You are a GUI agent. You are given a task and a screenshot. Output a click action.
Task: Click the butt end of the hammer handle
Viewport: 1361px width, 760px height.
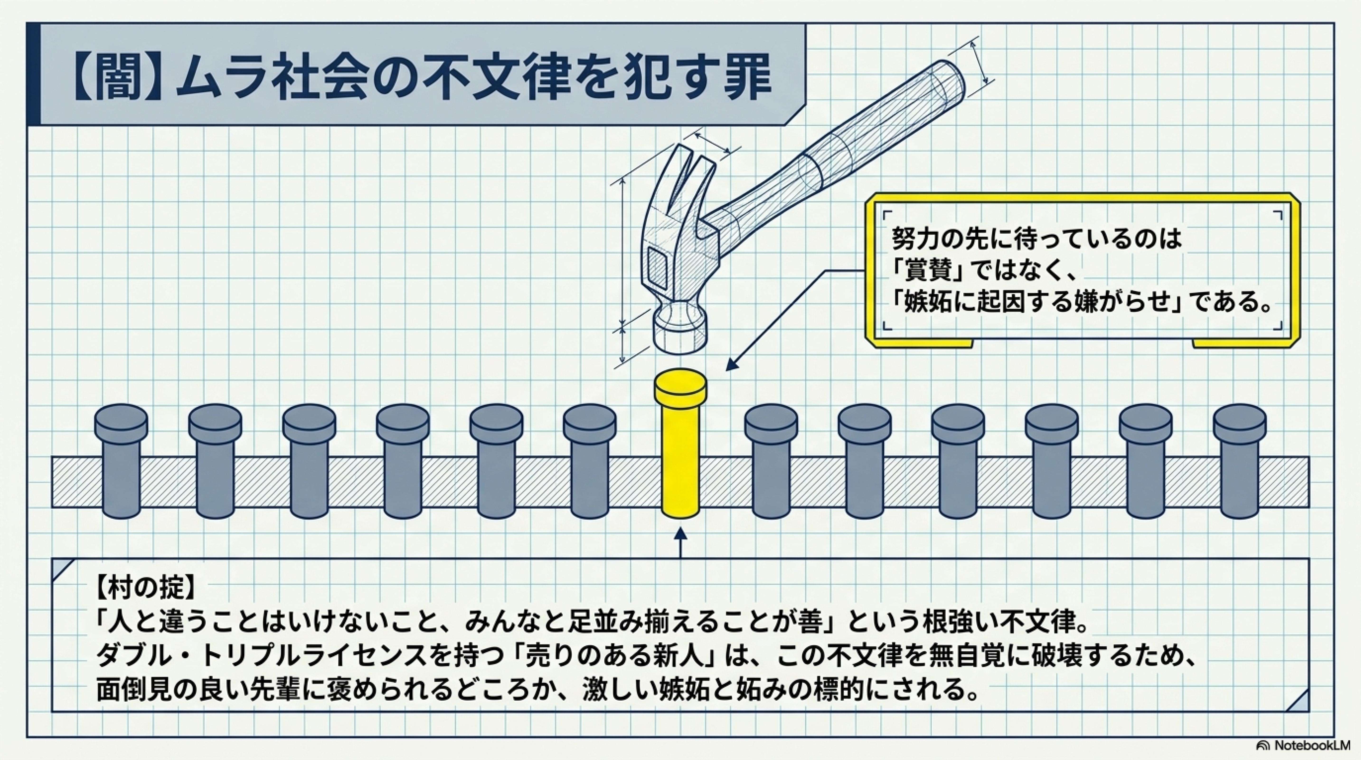946,85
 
